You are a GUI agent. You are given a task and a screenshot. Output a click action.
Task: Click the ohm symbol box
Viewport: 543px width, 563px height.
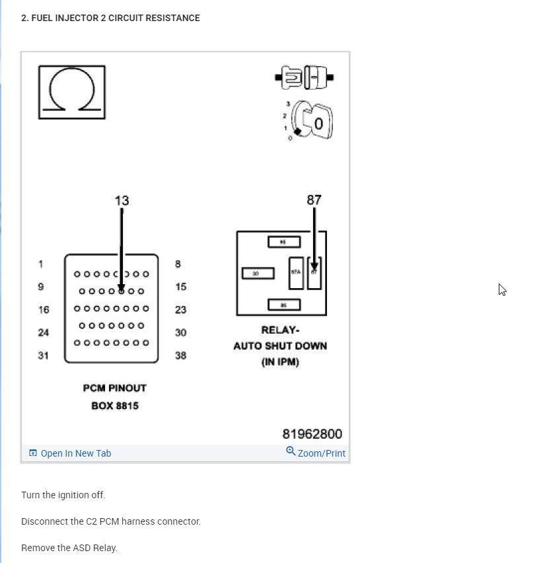coord(71,92)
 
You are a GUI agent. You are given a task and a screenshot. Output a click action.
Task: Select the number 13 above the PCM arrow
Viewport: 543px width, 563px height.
coord(122,201)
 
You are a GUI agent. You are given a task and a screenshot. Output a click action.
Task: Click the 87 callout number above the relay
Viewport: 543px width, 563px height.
coord(314,200)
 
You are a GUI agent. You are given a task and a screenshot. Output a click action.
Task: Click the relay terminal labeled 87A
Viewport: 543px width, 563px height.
coord(295,272)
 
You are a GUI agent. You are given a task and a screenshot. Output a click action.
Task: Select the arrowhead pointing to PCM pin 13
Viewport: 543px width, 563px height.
coord(122,288)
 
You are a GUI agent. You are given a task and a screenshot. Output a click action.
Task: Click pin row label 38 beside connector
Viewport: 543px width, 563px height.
coord(180,356)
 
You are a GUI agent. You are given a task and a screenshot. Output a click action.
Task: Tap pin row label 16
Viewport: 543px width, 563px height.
coord(44,309)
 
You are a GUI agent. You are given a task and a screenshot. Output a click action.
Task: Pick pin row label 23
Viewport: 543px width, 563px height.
coord(180,309)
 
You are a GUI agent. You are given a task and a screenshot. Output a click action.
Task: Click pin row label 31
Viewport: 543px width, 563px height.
coord(44,356)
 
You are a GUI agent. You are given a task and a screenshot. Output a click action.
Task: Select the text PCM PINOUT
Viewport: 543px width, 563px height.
coord(115,388)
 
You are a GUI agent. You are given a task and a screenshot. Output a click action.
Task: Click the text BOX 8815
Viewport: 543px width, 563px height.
coord(115,406)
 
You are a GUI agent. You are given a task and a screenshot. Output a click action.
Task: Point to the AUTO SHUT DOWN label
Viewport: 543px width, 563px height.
coord(280,346)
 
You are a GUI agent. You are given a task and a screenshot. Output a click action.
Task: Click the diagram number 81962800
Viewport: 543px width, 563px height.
coord(312,434)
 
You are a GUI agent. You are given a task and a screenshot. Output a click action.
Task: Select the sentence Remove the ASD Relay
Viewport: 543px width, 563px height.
coord(69,548)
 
